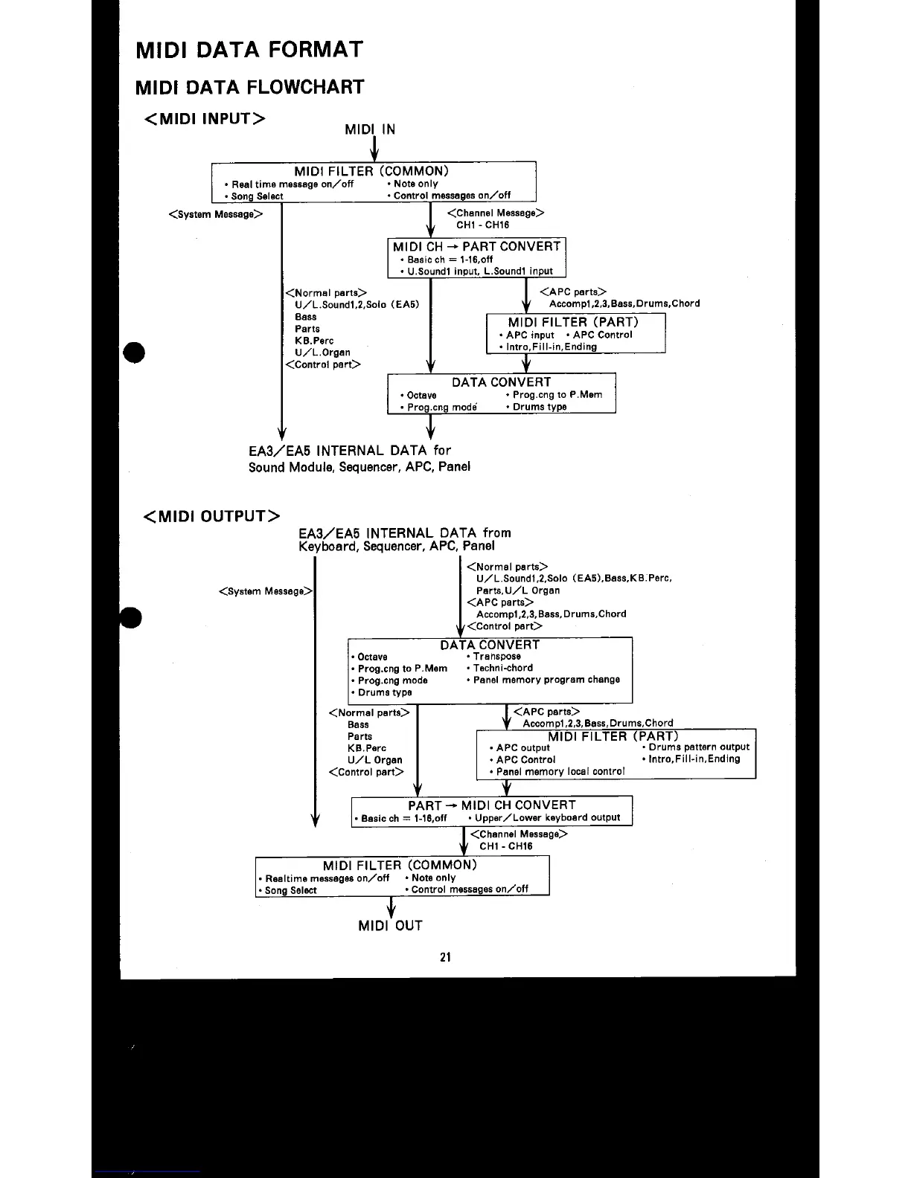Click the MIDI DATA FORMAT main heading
tap(249, 50)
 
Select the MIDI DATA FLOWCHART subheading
tap(249, 87)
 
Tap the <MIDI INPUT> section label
tap(205, 119)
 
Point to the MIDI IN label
tap(370, 129)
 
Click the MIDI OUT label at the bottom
tap(390, 926)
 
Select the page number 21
tap(445, 957)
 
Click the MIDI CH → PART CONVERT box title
tap(476, 246)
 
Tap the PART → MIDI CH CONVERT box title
tap(491, 805)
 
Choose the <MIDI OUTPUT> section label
tap(211, 516)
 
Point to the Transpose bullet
tap(496, 656)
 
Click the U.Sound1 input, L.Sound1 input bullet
tap(479, 271)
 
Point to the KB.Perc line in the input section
tap(313, 341)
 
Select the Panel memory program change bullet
tap(545, 679)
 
